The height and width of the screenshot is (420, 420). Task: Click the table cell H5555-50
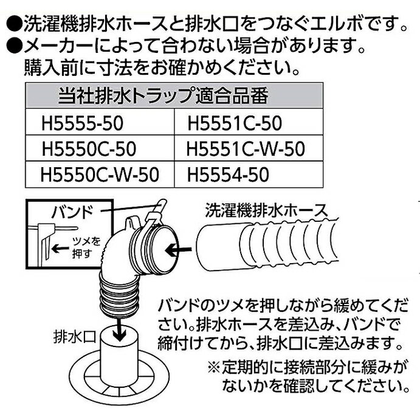100,122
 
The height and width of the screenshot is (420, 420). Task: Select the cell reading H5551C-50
249,122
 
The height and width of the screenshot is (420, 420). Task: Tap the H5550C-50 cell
100,148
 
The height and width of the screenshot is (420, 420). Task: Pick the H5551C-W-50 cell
249,148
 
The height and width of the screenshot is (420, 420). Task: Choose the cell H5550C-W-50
100,174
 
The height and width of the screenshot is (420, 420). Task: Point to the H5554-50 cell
249,174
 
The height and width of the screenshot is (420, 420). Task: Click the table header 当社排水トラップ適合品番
163,95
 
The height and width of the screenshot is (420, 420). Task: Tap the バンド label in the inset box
72,212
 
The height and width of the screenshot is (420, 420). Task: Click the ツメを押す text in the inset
86,247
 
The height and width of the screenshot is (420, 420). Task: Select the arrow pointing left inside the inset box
60,249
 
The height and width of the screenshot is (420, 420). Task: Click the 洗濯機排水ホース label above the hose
266,210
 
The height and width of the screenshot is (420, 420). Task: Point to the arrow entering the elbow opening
178,250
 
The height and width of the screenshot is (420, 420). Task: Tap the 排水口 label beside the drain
75,337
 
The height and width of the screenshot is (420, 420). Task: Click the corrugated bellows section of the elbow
118,295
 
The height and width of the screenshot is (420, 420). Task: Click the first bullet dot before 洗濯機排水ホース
13,26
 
